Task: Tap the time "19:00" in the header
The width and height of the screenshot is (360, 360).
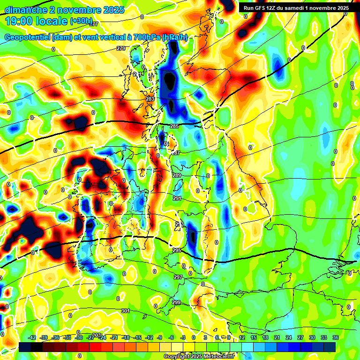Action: pyautogui.click(x=21, y=21)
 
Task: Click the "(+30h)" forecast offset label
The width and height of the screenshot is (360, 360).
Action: pyautogui.click(x=81, y=21)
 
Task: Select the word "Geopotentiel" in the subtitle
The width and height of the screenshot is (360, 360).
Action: pyautogui.click(x=28, y=37)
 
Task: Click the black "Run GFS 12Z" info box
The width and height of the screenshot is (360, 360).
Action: pyautogui.click(x=295, y=8)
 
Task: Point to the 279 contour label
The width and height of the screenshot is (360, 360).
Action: pyautogui.click(x=121, y=49)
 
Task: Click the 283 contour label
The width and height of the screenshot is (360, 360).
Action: pyautogui.click(x=150, y=99)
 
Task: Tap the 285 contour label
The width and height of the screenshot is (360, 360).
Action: pyautogui.click(x=174, y=127)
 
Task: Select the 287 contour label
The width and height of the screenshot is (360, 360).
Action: pyautogui.click(x=176, y=153)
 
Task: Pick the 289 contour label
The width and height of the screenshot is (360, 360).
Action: pyautogui.click(x=177, y=175)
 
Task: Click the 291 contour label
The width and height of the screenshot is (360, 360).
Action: pyautogui.click(x=177, y=199)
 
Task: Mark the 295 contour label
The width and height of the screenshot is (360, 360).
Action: pyautogui.click(x=177, y=251)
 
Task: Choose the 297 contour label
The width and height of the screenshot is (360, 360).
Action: pyautogui.click(x=178, y=277)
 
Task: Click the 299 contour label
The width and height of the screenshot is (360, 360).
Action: pyautogui.click(x=176, y=302)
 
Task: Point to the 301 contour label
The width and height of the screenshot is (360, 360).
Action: pyautogui.click(x=125, y=311)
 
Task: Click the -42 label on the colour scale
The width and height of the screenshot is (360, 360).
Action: pyautogui.click(x=32, y=337)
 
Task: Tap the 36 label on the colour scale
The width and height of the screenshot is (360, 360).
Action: pyautogui.click(x=336, y=337)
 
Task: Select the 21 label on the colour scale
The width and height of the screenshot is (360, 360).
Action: pyautogui.click(x=277, y=337)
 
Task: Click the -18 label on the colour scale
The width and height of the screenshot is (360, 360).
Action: pyautogui.click(x=126, y=337)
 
